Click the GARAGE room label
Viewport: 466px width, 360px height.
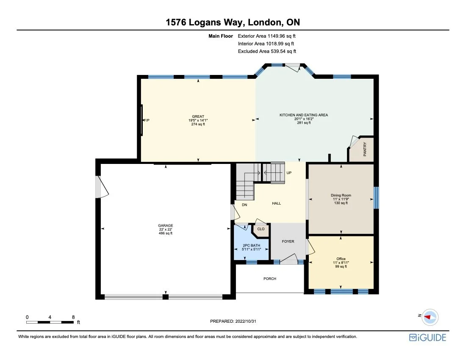pyautogui.click(x=166, y=226)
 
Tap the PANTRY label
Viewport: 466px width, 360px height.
pyautogui.click(x=365, y=150)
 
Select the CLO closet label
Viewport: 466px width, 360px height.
pyautogui.click(x=261, y=229)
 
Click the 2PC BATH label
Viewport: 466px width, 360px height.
pyautogui.click(x=251, y=246)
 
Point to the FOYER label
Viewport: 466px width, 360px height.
pyautogui.click(x=288, y=241)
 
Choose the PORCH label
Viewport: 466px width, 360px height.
pyautogui.click(x=270, y=279)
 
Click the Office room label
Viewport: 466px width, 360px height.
pyautogui.click(x=341, y=259)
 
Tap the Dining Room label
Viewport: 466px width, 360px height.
pyautogui.click(x=341, y=196)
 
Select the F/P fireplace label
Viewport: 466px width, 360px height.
pyautogui.click(x=147, y=120)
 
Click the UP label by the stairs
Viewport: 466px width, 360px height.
pyautogui.click(x=289, y=173)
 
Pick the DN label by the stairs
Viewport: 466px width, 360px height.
pyautogui.click(x=244, y=205)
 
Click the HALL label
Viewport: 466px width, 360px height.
pyautogui.click(x=276, y=203)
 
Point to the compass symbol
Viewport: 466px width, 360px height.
pyautogui.click(x=430, y=317)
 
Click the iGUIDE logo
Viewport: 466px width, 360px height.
pyautogui.click(x=427, y=338)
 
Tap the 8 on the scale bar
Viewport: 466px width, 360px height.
pyautogui.click(x=73, y=317)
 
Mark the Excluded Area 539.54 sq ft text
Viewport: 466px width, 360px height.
pyautogui.click(x=267, y=51)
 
